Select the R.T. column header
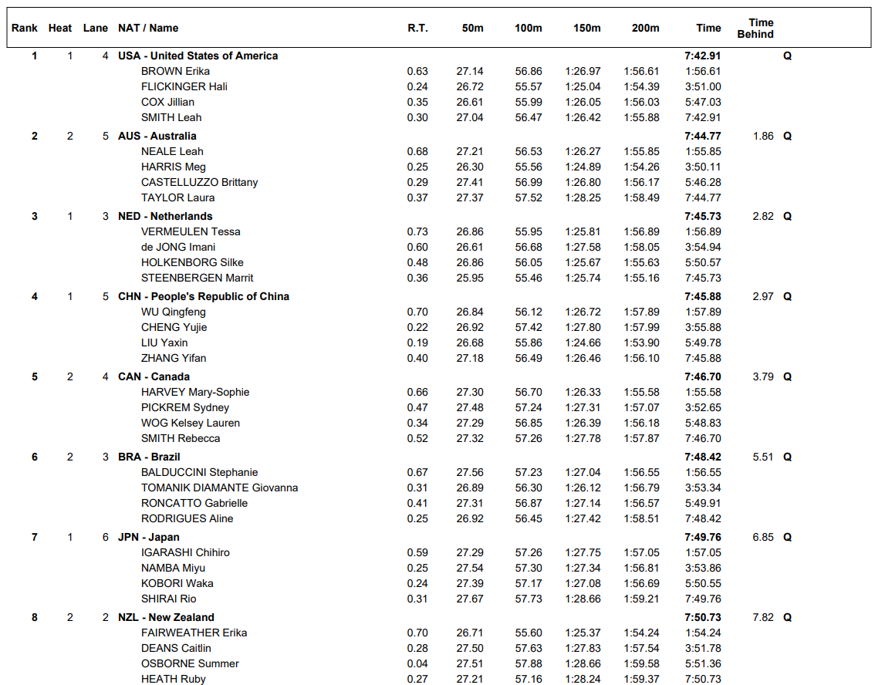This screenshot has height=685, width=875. tap(417, 29)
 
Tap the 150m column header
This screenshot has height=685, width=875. tap(586, 29)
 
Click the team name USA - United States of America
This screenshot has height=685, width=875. tap(198, 56)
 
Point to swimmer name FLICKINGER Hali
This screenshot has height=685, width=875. tap(184, 86)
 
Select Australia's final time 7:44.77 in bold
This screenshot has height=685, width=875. tap(702, 136)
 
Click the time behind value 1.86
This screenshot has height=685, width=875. tap(762, 136)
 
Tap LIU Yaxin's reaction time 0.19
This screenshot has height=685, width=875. tap(417, 342)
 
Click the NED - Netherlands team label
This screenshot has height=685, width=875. tap(165, 216)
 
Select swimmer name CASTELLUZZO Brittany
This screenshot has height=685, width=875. tap(199, 182)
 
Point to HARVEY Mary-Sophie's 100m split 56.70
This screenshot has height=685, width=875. tap(529, 392)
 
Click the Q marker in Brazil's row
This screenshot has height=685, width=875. tap(787, 457)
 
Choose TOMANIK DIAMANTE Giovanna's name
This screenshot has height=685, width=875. tap(219, 488)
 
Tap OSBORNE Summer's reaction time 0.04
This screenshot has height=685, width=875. tap(417, 663)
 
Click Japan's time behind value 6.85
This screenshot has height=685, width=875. tap(762, 537)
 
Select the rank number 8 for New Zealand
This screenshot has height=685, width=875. tap(34, 617)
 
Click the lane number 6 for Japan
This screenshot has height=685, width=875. tap(106, 537)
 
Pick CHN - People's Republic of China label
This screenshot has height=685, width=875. tap(204, 296)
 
